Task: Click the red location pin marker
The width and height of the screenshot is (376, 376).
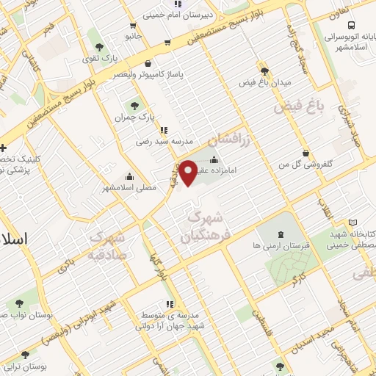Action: point(189,172)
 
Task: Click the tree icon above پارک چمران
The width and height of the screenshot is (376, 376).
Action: point(134,103)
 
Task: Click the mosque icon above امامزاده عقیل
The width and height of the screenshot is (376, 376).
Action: point(214,160)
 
